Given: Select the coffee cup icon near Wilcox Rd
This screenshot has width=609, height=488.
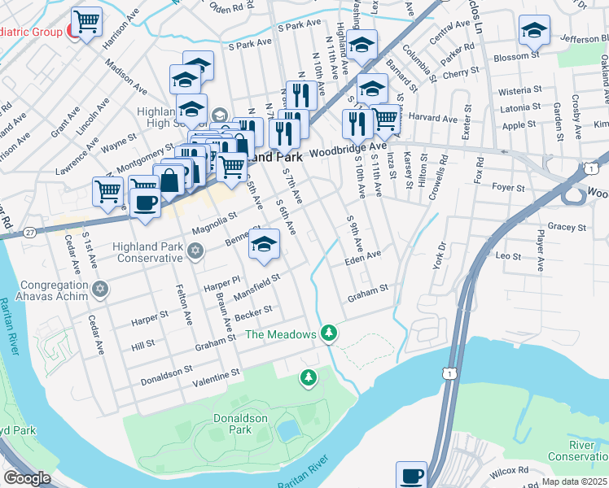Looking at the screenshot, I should tap(411, 475).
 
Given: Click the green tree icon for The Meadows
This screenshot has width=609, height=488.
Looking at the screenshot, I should tap(328, 333).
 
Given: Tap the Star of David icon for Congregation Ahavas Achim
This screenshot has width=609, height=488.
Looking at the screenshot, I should tap(100, 289).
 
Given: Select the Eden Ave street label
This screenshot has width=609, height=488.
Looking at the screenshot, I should tap(362, 256).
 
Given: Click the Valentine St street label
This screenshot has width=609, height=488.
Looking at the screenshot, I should tap(216, 374).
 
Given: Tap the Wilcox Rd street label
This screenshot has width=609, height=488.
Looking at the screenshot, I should tap(510, 471).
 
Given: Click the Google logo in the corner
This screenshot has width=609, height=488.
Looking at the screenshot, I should tap(27, 478).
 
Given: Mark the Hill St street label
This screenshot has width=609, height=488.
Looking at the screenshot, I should tap(142, 346).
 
